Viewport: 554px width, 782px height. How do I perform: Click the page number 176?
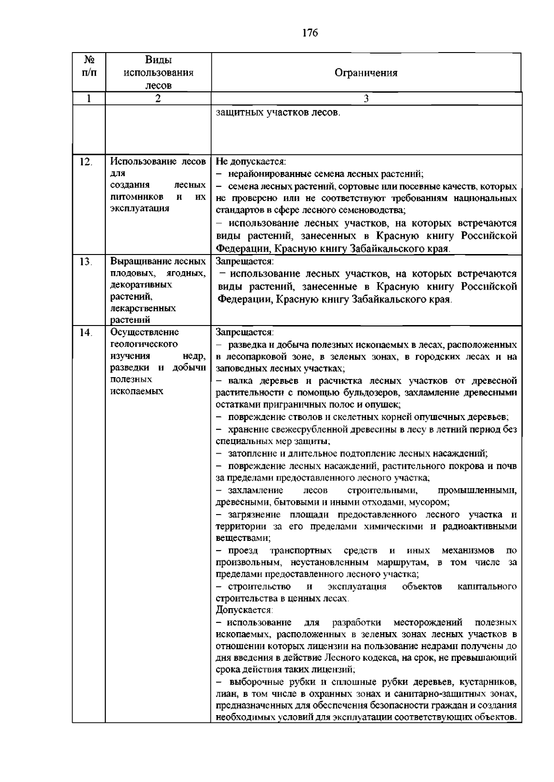tap(310, 33)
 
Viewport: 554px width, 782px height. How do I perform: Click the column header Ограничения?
tap(366, 73)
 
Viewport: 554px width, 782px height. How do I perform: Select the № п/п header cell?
tap(89, 67)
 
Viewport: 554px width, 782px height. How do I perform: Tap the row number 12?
tap(85, 162)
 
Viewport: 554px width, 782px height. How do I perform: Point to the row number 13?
tap(85, 262)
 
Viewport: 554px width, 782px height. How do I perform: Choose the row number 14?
tap(85, 332)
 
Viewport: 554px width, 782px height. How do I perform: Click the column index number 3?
tap(366, 99)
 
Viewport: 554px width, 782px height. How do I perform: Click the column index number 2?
tap(158, 99)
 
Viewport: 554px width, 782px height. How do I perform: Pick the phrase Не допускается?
tap(251, 162)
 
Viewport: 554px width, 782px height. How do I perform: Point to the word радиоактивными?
tap(480, 527)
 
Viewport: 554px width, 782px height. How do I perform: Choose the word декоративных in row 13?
tap(141, 284)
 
